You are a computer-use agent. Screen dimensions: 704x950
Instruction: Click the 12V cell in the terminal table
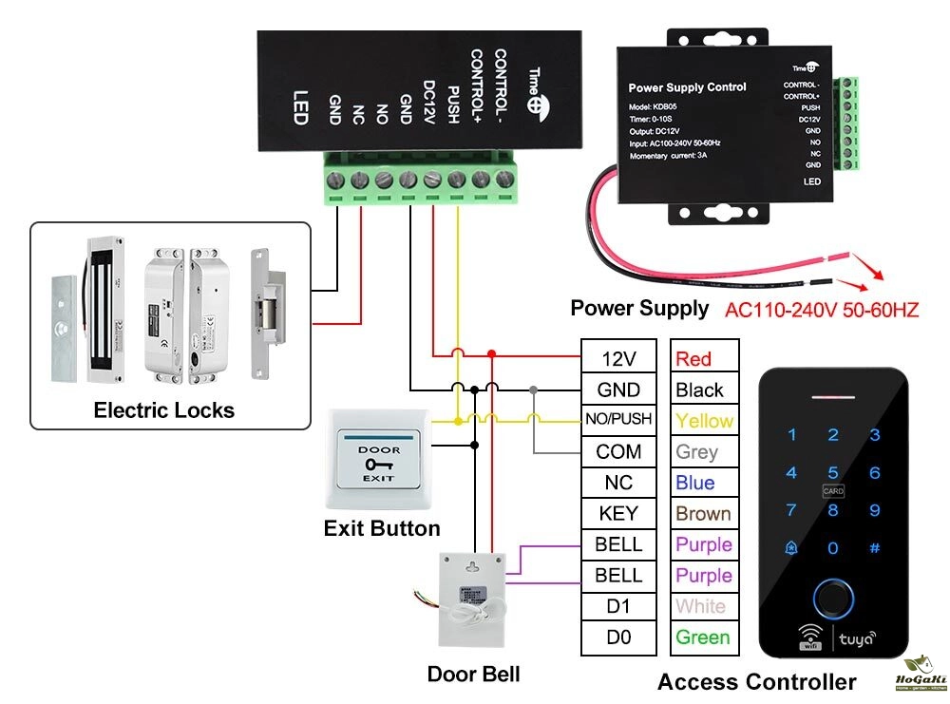pos(617,359)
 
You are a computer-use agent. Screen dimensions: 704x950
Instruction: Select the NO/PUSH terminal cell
pos(617,420)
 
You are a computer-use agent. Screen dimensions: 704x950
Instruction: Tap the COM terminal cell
pos(617,451)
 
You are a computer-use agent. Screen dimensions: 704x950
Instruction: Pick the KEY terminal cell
pos(617,514)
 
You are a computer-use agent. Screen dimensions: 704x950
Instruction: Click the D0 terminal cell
pos(617,637)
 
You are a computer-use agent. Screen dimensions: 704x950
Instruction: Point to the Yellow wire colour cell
pos(704,421)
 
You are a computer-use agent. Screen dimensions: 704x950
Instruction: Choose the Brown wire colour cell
pos(703,514)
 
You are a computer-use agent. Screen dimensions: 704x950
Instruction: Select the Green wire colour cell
pos(703,637)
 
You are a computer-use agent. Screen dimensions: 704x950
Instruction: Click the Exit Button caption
pos(382,528)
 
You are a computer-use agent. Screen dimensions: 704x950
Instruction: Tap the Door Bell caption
pos(473,675)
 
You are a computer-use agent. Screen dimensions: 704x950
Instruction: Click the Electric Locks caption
pos(163,410)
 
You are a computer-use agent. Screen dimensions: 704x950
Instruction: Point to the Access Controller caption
pos(756,681)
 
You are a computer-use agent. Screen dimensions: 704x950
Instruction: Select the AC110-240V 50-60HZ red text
pos(822,310)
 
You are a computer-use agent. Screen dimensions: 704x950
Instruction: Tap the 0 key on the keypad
pos(833,547)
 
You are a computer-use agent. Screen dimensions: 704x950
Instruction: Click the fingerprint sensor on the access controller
pos(833,598)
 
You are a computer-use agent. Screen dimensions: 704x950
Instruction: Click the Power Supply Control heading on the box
pos(687,87)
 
